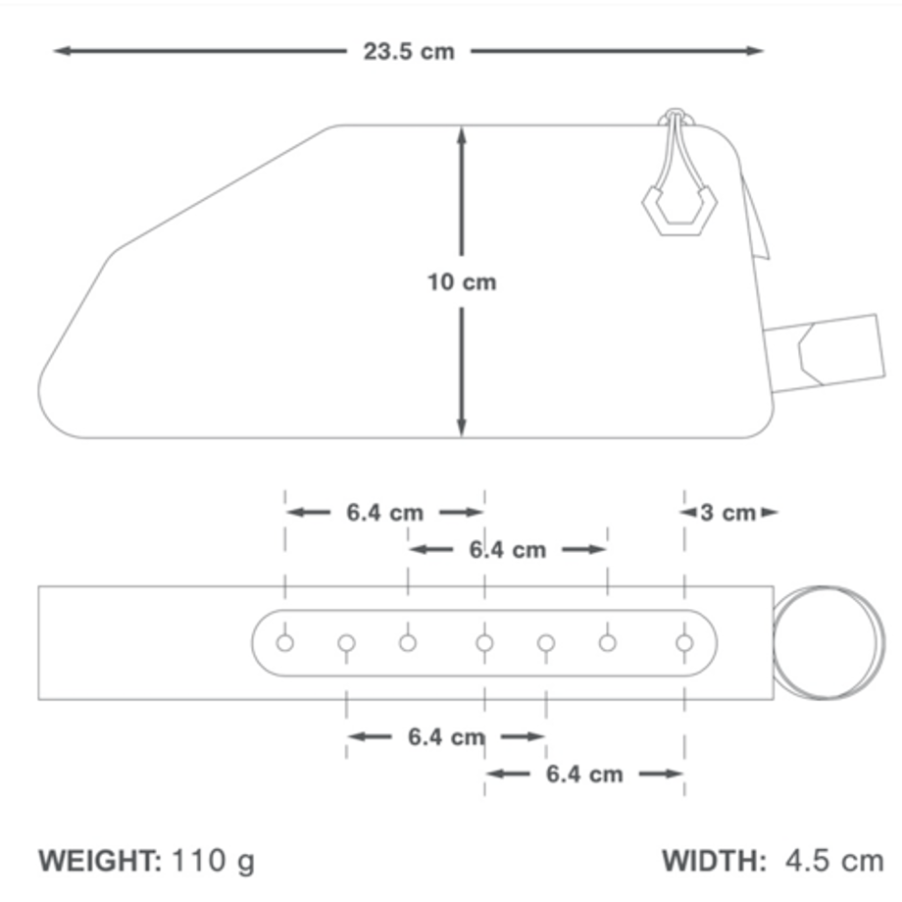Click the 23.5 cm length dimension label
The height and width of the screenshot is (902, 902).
409,52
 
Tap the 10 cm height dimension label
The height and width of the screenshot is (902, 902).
462,282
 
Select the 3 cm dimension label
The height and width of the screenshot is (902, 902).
728,513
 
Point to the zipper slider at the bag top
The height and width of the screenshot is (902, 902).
676,118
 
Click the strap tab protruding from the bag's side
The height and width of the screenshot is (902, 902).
826,353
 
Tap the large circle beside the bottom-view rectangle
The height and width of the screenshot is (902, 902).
828,642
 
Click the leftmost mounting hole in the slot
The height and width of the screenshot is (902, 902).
284,642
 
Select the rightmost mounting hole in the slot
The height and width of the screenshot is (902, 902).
684,642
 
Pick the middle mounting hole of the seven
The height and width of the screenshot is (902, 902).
484,642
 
